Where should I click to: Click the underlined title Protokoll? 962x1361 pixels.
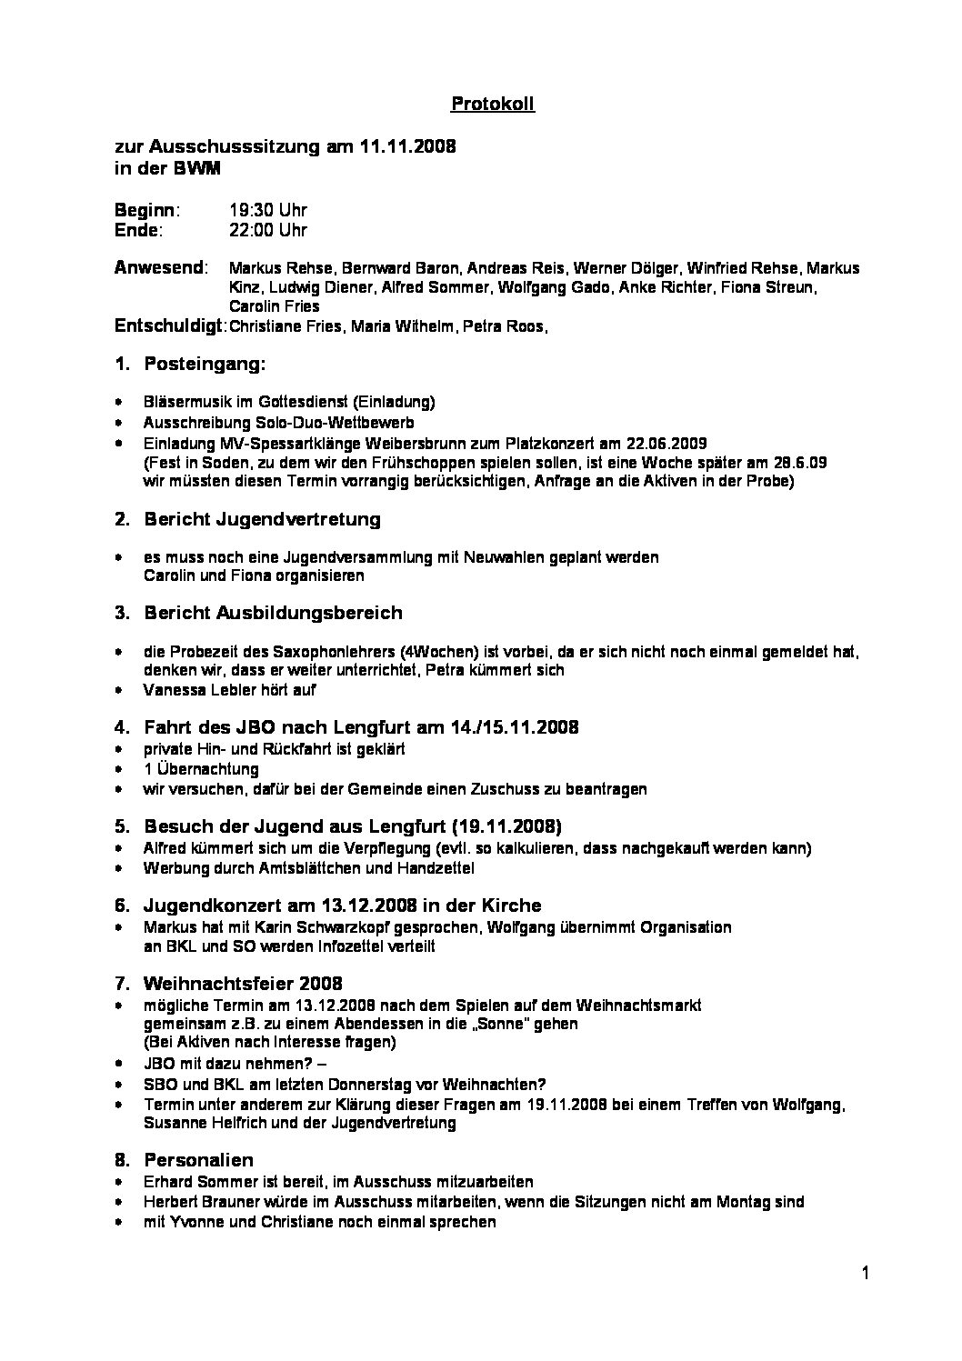tap(493, 105)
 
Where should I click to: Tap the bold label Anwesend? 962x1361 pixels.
tap(160, 268)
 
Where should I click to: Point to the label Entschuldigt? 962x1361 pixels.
tap(170, 325)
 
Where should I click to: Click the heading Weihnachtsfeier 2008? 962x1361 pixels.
tap(243, 984)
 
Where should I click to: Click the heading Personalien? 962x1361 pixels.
tap(198, 1160)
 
